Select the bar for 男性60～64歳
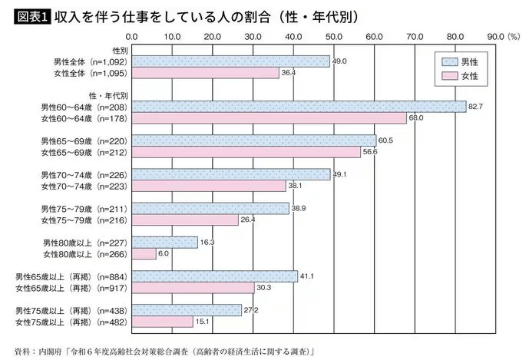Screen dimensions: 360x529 pyautogui.click(x=299, y=107)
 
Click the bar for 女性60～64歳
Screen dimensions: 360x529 pyautogui.click(x=269, y=118)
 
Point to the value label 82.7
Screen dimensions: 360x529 pyautogui.click(x=476, y=106)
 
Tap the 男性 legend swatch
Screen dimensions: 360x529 pyautogui.click(x=450, y=61)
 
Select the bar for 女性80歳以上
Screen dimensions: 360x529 pyautogui.click(x=144, y=253)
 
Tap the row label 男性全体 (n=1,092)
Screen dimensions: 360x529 pyautogui.click(x=84, y=61)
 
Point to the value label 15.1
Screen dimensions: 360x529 pyautogui.click(x=201, y=322)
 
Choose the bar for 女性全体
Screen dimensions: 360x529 pyautogui.click(x=205, y=72)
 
